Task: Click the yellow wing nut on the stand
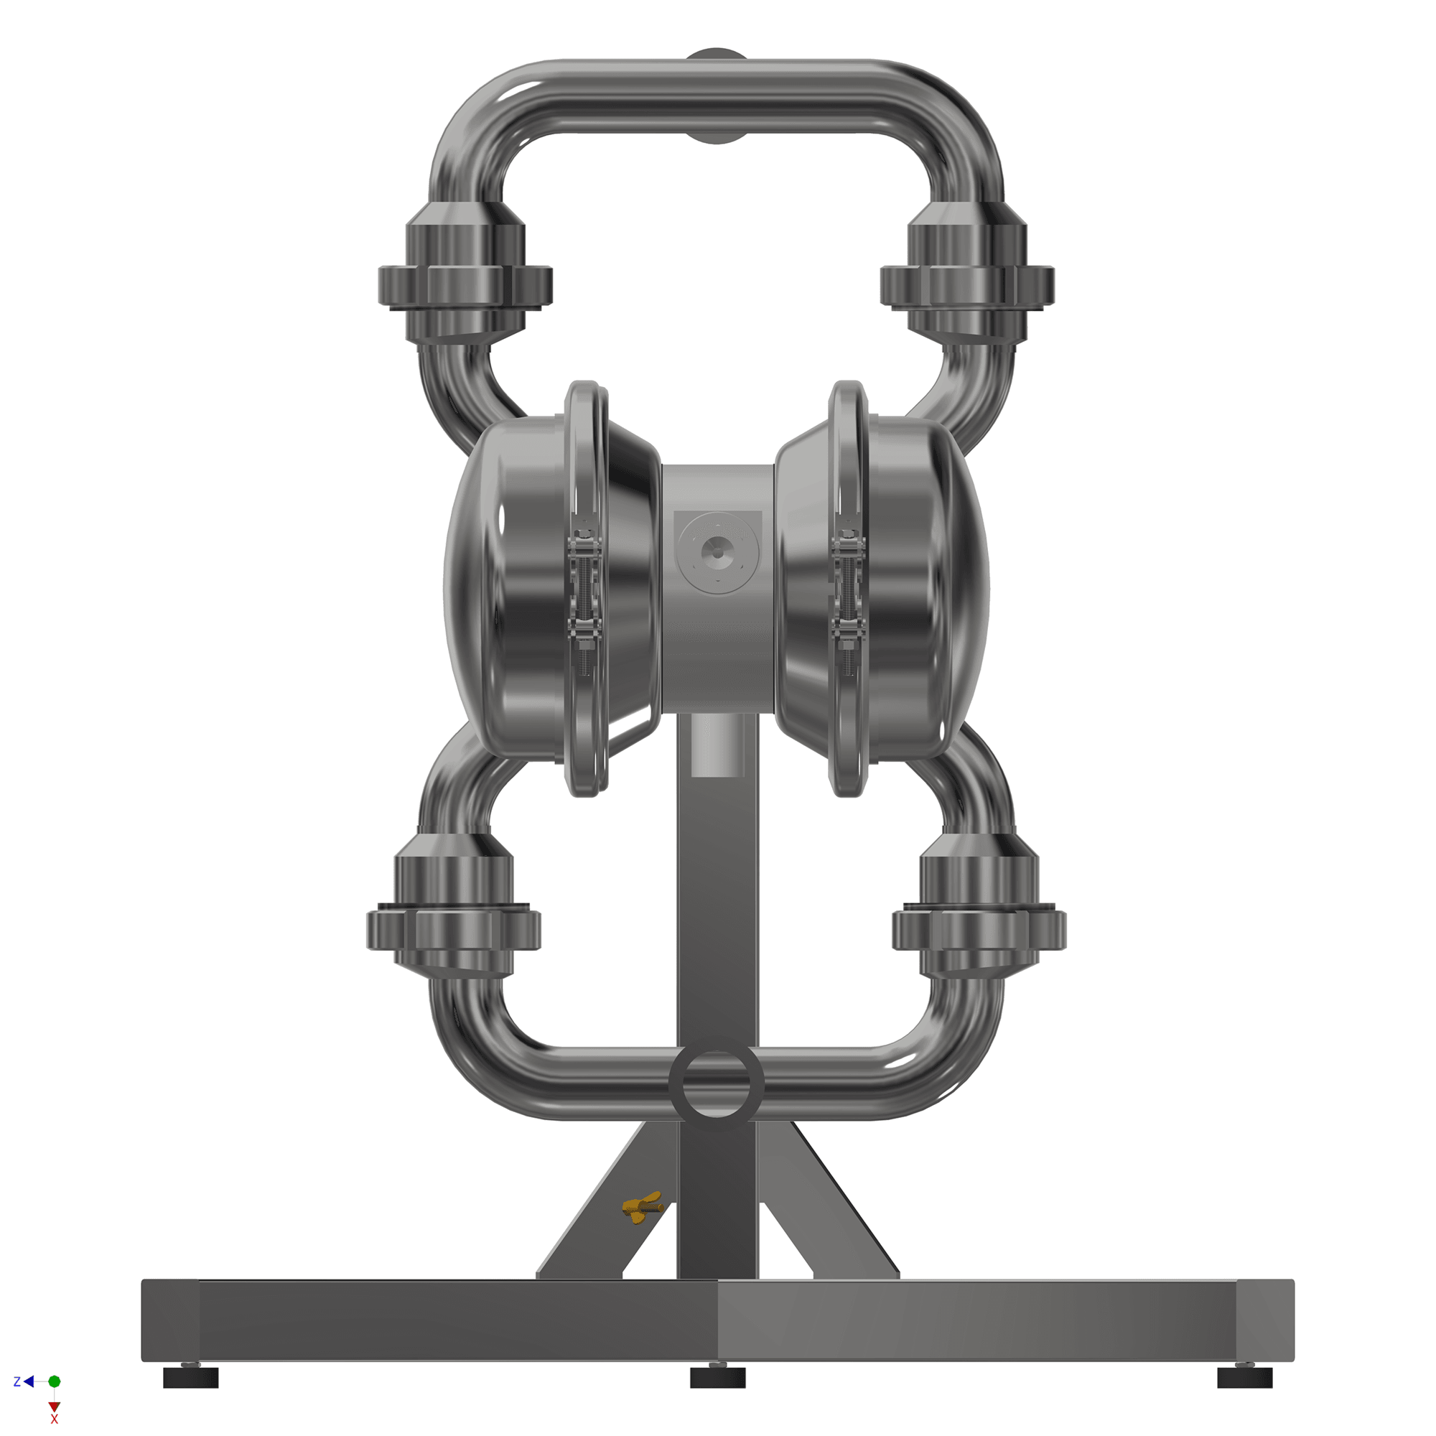(x=642, y=1207)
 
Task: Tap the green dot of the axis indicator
(x=55, y=1381)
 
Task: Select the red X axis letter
(x=55, y=1419)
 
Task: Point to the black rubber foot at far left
(x=190, y=1378)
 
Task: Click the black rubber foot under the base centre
(x=717, y=1377)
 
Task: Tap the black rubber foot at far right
(x=1245, y=1378)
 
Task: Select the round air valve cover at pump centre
(x=717, y=552)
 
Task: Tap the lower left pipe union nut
(x=453, y=929)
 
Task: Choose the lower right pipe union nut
(x=979, y=929)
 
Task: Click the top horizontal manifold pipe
(x=717, y=97)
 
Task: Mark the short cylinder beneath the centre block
(x=717, y=743)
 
